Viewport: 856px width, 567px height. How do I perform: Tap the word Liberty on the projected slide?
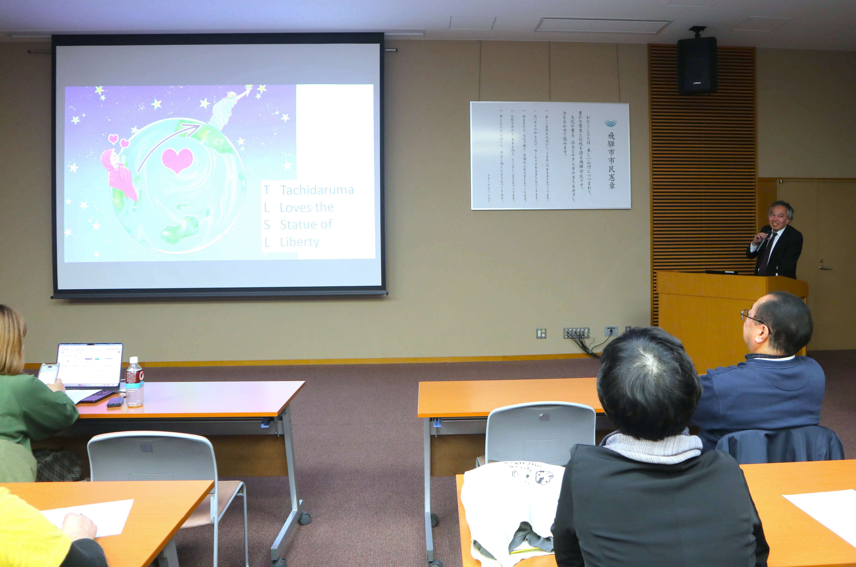tap(300, 242)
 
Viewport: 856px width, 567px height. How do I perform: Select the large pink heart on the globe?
tap(177, 160)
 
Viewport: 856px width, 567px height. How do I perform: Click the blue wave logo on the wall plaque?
tap(611, 123)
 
